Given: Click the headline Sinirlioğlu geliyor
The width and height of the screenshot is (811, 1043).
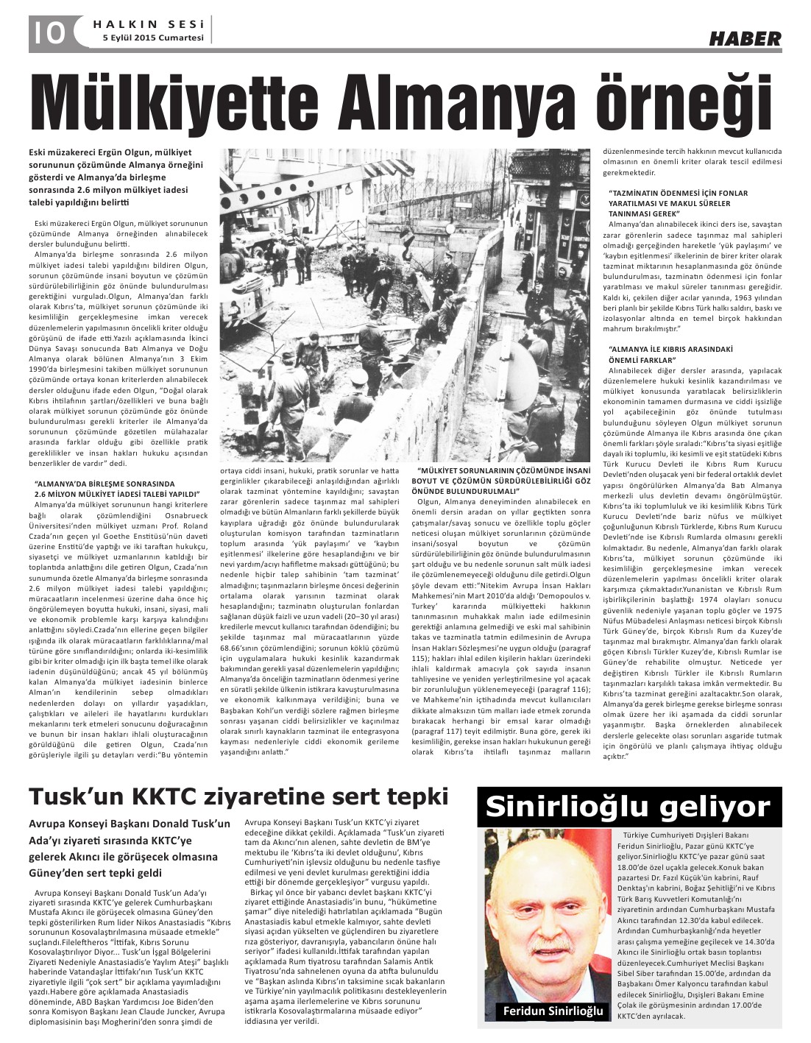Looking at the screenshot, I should click(x=628, y=807).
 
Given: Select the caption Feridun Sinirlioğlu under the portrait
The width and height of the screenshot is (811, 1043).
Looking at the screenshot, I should click(x=552, y=1012).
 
